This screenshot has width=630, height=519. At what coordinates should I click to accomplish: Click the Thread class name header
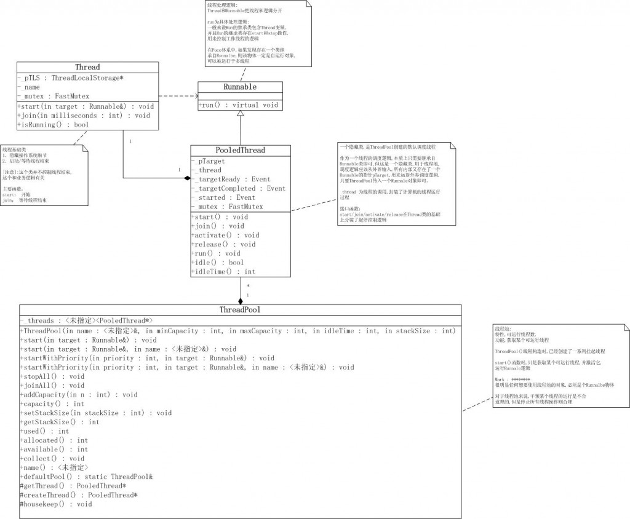[x=87, y=67]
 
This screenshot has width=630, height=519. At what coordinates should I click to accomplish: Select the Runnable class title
[x=241, y=87]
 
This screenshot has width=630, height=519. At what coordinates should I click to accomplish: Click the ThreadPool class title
[x=240, y=309]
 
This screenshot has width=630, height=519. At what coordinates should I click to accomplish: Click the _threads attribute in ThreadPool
[x=86, y=320]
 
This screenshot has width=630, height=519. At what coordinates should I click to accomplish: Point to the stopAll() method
[x=52, y=376]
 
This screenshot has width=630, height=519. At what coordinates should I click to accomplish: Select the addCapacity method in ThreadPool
[x=79, y=394]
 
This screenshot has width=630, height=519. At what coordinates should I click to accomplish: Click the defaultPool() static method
[x=86, y=477]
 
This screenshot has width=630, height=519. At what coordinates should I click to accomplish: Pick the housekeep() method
[x=56, y=504]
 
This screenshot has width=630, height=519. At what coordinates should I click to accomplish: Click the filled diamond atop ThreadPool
[x=241, y=300]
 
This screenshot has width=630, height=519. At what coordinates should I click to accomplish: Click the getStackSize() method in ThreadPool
[x=60, y=422]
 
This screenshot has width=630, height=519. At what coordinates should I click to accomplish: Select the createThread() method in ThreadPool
[x=79, y=495]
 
